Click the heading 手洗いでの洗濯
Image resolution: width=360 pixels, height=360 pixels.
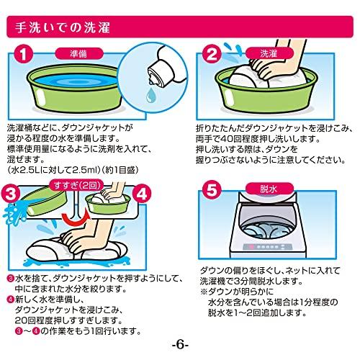pos(63,28)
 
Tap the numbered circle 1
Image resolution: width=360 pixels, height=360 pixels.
pos(23,55)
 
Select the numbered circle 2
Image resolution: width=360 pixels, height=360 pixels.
pos(212,55)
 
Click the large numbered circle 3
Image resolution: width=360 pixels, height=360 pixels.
pos(11,194)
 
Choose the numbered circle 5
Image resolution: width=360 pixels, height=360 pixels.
pos(212,190)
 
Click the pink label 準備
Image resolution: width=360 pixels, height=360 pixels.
pos(79,53)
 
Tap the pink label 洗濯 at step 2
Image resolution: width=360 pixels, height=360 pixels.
pos(269,53)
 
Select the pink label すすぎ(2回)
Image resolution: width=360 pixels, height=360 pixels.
pos(77,185)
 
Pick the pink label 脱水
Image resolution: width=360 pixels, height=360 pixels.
pos(269,189)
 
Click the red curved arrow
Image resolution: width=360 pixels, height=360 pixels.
pos(75,218)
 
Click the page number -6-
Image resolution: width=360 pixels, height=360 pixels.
pos(180,345)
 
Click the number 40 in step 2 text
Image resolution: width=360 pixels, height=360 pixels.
pos(225,139)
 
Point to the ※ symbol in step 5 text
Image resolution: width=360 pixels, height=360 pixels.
pos(204,292)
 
